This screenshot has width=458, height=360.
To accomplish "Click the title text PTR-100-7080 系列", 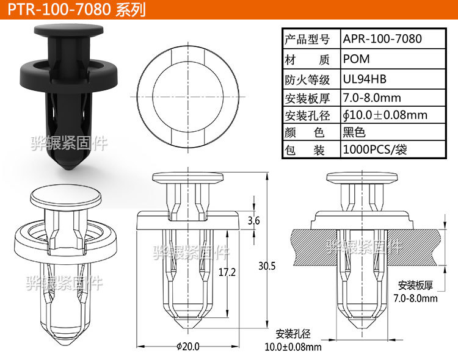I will [74, 10].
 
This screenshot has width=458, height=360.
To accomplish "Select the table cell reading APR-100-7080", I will [382, 39].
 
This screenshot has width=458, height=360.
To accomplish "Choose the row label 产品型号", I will [307, 39].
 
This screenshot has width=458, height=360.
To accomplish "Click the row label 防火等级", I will [307, 79].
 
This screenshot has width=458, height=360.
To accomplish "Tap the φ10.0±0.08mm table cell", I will [385, 115].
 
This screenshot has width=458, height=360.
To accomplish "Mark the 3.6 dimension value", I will [253, 220].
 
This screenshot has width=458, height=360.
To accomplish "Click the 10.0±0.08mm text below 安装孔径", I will [293, 347].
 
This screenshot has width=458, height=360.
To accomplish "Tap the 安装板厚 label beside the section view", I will [415, 285].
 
